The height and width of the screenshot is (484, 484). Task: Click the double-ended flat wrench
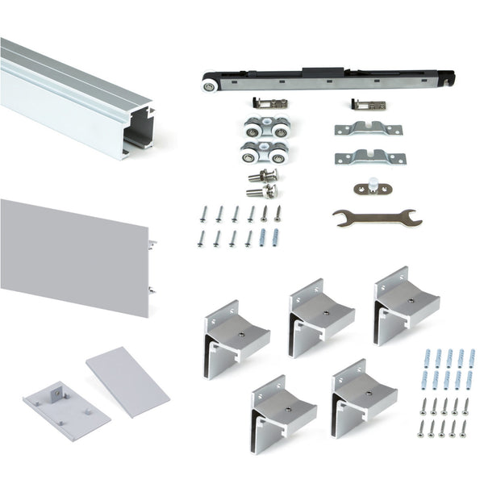pos(376,217)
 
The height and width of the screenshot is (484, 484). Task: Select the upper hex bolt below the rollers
pos(264,175)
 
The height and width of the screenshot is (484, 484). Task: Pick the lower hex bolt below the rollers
pos(261,191)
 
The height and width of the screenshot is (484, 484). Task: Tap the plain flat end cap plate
pos(127,381)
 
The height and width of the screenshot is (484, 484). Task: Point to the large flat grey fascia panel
pos(73,250)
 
